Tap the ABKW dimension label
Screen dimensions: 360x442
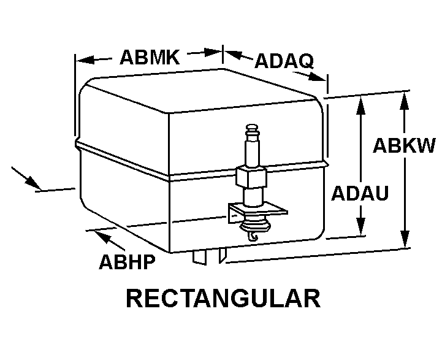[x=404, y=146]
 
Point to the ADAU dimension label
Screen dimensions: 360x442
[x=360, y=194]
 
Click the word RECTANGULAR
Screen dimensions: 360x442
[x=223, y=299]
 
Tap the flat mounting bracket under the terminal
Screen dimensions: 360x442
[x=257, y=210]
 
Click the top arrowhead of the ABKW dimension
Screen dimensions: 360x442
[x=404, y=99]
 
